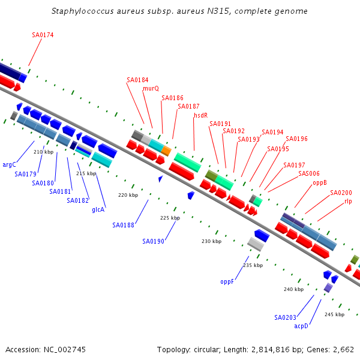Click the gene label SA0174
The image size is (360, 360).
tap(43, 35)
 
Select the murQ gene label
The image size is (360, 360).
tap(151, 88)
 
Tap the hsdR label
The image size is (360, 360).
tap(200, 115)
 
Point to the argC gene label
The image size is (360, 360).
tap(9, 164)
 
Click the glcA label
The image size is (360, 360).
tap(98, 209)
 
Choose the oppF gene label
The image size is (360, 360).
tap(227, 281)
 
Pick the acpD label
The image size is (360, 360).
tap(301, 326)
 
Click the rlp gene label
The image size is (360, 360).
tap(348, 202)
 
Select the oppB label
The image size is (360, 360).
tap(320, 182)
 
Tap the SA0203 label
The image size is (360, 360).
tap(285, 317)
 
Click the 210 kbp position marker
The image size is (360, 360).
tap(43, 152)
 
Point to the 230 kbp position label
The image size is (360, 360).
tap(211, 241)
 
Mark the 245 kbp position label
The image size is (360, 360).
tap(334, 314)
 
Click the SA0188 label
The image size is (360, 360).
tap(123, 225)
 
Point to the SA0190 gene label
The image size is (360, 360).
tap(153, 241)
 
